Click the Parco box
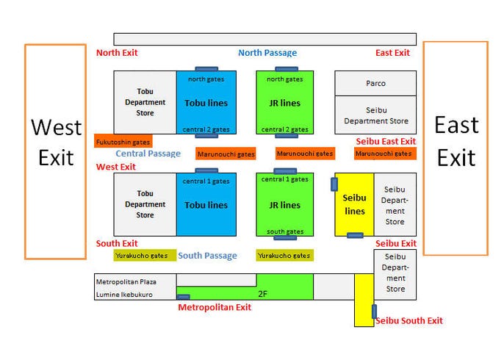pyautogui.click(x=375, y=83)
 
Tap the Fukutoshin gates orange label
pyautogui.click(x=123, y=141)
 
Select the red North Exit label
pyautogui.click(x=117, y=53)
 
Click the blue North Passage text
pyautogui.click(x=267, y=53)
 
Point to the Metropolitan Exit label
pyautogui.click(x=215, y=307)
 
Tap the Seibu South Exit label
pyautogui.click(x=409, y=320)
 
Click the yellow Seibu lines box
pyautogui.click(x=355, y=204)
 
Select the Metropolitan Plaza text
pyautogui.click(x=126, y=282)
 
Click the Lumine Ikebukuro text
pyautogui.click(x=124, y=295)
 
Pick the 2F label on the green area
pyautogui.click(x=262, y=294)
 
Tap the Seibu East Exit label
pyautogui.click(x=386, y=141)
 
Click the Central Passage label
pyautogui.click(x=148, y=154)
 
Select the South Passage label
pyautogui.click(x=207, y=256)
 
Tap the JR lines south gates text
pyautogui.click(x=285, y=231)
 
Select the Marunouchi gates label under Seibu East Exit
pyautogui.click(x=385, y=154)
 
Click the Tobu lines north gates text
pyautogui.click(x=206, y=79)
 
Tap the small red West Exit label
pyautogui.click(x=116, y=167)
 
